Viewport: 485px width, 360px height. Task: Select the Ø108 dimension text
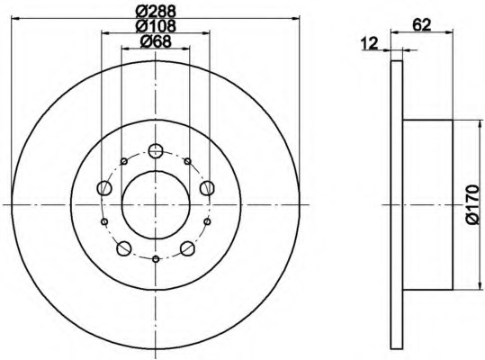point(156,27)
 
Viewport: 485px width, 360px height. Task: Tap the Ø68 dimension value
point(156,42)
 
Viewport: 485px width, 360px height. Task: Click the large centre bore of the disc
point(155,204)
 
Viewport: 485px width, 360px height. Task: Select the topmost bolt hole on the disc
point(155,151)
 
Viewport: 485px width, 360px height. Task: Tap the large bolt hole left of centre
point(104,188)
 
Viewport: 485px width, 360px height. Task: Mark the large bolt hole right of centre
point(207,187)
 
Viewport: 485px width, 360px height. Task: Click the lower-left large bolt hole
point(124,247)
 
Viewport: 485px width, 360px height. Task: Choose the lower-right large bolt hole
point(187,247)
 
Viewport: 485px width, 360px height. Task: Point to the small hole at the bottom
point(156,259)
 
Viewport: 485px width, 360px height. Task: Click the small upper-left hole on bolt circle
point(123,162)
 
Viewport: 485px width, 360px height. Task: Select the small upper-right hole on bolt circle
point(187,162)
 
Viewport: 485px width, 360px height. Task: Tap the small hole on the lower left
point(104,221)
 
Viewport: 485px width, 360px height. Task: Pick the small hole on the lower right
point(207,221)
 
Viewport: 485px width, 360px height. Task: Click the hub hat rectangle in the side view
point(427,205)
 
